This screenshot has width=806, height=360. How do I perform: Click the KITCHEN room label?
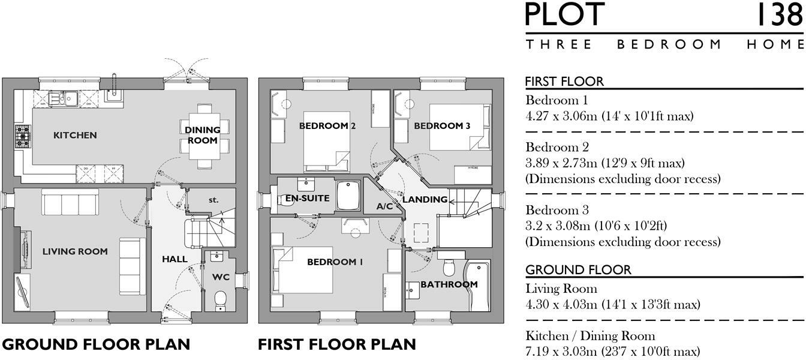click(x=75, y=136)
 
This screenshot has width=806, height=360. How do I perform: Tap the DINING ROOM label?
click(x=202, y=134)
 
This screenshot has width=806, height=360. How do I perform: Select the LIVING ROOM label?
click(x=75, y=251)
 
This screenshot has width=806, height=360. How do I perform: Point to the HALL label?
click(x=175, y=259)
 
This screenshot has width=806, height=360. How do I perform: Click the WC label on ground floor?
click(x=221, y=278)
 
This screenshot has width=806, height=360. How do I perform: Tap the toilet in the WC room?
click(x=220, y=298)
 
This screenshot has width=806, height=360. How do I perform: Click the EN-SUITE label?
click(x=307, y=198)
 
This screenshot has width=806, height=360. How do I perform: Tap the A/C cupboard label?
click(x=384, y=206)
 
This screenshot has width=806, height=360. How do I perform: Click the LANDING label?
click(x=425, y=199)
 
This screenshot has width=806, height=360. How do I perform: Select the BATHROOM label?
click(x=449, y=284)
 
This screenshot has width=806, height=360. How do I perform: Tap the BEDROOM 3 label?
click(x=442, y=126)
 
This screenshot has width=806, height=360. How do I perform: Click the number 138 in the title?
click(x=778, y=16)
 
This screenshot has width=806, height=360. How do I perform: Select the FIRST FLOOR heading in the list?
click(x=564, y=82)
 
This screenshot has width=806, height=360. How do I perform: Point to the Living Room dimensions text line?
click(x=612, y=304)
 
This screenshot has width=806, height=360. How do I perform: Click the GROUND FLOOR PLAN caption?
click(x=97, y=344)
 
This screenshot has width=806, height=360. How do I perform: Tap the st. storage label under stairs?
click(x=213, y=200)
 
